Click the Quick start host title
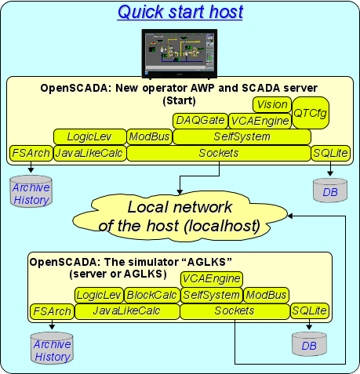(x=180, y=12)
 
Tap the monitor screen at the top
(x=180, y=53)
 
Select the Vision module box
(x=272, y=104)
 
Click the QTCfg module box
(x=311, y=113)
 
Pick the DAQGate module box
(x=200, y=121)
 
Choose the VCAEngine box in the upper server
(x=260, y=121)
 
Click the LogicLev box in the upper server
(x=90, y=136)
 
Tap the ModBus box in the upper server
(x=150, y=136)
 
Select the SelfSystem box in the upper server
(x=242, y=136)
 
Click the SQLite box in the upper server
(x=330, y=153)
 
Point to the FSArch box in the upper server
(x=31, y=153)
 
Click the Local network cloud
(x=180, y=217)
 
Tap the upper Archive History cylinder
(x=31, y=191)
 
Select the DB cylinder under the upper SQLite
(x=330, y=191)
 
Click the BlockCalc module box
(x=152, y=295)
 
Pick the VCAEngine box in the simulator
(x=212, y=279)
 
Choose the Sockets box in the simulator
(x=235, y=311)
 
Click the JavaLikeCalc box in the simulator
(x=127, y=311)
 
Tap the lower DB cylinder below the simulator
(x=309, y=344)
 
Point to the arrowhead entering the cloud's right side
(x=290, y=216)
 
